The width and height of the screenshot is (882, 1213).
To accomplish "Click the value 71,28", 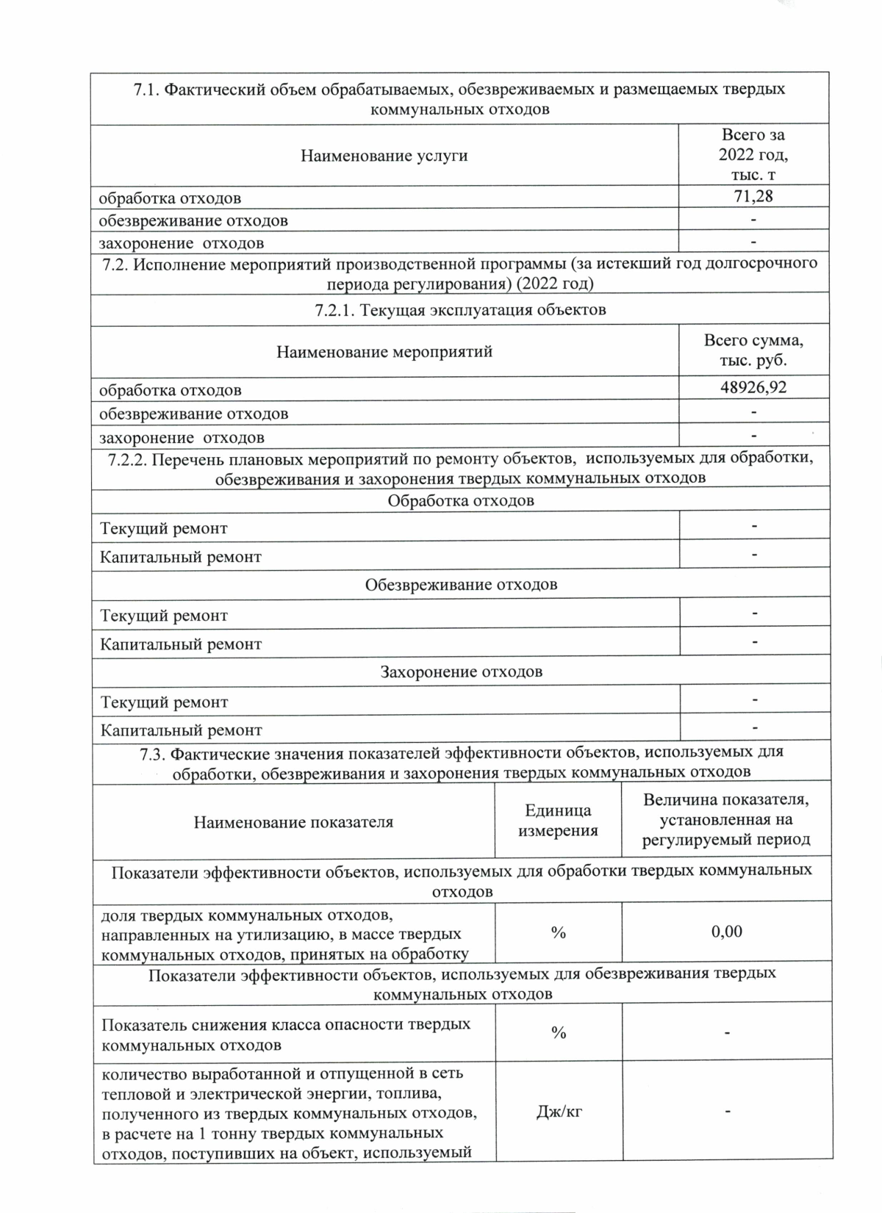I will (753, 196).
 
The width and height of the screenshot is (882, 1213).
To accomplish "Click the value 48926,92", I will (753, 387).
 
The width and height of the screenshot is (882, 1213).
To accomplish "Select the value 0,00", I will (727, 932).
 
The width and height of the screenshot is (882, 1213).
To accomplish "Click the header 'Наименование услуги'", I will (384, 156).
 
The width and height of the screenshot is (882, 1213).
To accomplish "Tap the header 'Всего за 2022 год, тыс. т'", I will (753, 154).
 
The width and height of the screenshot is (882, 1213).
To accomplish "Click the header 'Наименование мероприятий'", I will (384, 352).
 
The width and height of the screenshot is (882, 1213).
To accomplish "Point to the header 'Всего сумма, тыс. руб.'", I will (753, 350).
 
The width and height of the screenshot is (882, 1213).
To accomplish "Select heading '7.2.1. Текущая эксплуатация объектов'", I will (460, 309).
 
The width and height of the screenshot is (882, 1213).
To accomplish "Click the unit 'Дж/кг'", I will (559, 1112).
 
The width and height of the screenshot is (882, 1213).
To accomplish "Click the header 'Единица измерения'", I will (559, 821).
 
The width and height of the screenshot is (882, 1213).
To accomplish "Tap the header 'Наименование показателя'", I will (293, 822).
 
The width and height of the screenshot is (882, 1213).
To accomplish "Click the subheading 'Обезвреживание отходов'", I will (461, 585).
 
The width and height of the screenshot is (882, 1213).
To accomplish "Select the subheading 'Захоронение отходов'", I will (461, 672).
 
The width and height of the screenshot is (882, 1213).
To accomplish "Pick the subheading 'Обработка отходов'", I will (461, 501).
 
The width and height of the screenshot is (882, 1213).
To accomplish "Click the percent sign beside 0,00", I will (559, 932).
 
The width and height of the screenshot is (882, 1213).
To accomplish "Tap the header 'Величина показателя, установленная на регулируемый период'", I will (726, 820).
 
